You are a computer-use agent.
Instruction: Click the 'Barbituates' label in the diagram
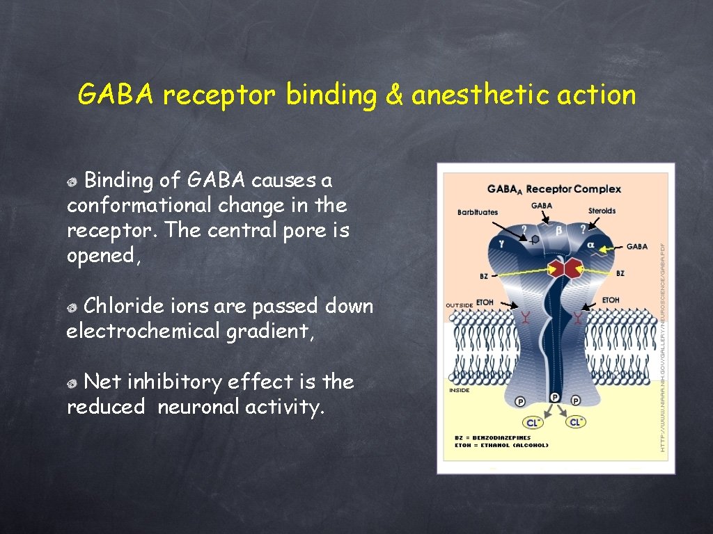[x=478, y=212]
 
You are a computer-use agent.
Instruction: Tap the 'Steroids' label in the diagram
[x=602, y=210]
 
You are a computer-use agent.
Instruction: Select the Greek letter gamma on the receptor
[x=502, y=243]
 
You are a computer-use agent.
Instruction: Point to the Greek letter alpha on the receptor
[x=590, y=245]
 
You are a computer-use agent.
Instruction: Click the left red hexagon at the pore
[x=555, y=268]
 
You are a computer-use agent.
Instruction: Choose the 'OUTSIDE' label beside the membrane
[x=460, y=305]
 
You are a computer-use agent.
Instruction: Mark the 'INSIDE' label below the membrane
[x=458, y=390]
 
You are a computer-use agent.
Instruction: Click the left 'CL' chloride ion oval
[x=533, y=422]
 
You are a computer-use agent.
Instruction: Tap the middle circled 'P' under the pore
[x=555, y=397]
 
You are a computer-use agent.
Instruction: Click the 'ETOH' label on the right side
[x=610, y=300]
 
